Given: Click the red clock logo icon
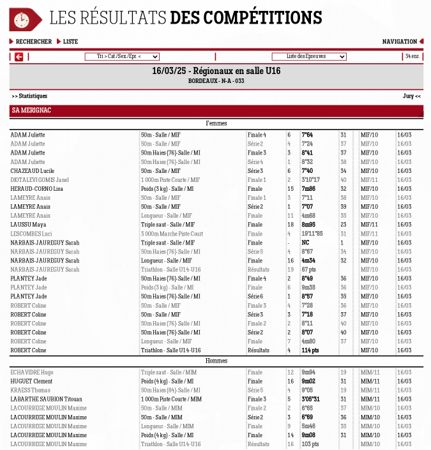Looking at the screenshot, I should [x=22, y=20].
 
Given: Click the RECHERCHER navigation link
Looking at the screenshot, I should [x=33, y=42].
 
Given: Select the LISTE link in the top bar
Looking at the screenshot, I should [x=70, y=42].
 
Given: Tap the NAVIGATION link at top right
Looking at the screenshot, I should [x=400, y=42].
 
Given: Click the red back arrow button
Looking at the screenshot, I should [x=19, y=57].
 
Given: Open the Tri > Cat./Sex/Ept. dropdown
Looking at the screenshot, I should [x=122, y=57].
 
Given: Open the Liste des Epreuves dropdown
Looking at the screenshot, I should [x=309, y=57].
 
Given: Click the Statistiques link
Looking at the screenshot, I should [x=29, y=96].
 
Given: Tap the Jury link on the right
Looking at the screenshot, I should [x=411, y=96].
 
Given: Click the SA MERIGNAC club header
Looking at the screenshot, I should [x=31, y=111].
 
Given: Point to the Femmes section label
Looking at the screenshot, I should [x=216, y=124].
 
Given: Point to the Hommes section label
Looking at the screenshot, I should [x=216, y=361].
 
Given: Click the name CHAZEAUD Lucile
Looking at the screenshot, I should [x=33, y=171].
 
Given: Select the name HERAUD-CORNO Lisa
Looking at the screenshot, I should [x=36, y=189].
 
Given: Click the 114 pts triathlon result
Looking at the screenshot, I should [x=310, y=350].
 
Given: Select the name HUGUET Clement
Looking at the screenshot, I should [x=31, y=381].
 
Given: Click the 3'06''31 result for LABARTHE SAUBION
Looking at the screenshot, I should [x=310, y=399].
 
